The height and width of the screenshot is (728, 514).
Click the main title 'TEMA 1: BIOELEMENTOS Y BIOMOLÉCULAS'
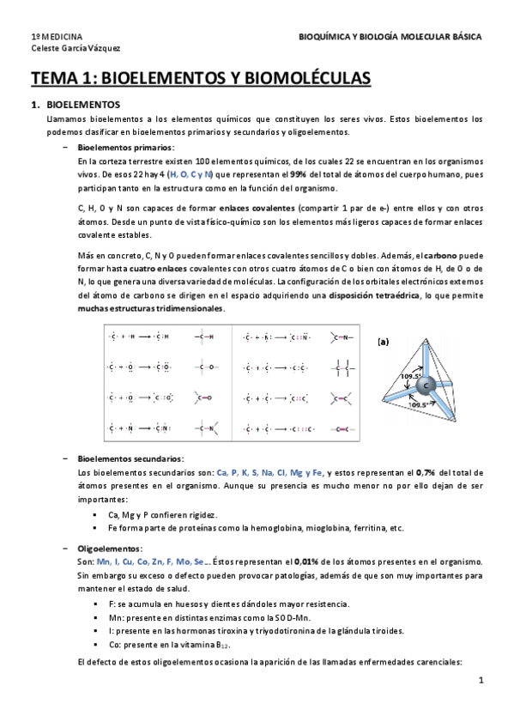pyautogui.click(x=201, y=79)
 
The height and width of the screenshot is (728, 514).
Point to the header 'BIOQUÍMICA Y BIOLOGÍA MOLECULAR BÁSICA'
pyautogui.click(x=390, y=38)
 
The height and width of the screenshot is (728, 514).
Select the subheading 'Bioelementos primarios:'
pyautogui.click(x=125, y=148)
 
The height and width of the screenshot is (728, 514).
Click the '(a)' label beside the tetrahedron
pyautogui.click(x=384, y=341)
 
